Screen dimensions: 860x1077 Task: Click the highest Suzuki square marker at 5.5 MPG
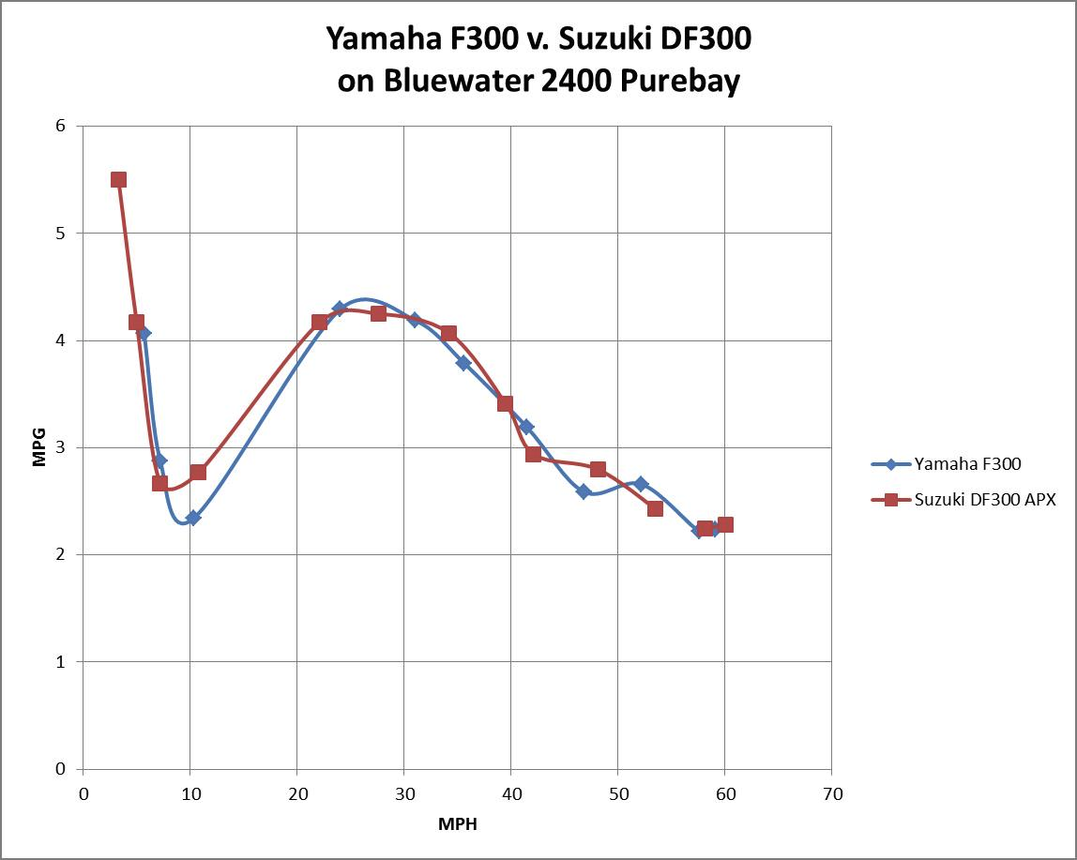(118, 179)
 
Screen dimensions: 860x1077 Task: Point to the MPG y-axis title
(39, 447)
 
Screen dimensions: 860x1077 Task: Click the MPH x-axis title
(457, 824)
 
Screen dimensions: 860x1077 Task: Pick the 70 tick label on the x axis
(831, 794)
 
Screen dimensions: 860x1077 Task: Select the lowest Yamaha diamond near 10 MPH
(192, 518)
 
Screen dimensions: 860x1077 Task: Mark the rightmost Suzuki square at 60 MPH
(724, 524)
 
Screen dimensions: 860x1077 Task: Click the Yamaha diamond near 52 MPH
(640, 484)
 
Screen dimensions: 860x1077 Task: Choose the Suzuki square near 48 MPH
(598, 469)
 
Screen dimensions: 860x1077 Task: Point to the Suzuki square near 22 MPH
(319, 322)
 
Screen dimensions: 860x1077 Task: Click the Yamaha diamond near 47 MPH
(584, 491)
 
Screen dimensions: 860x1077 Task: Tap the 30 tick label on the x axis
(403, 794)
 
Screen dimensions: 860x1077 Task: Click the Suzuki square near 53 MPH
(655, 508)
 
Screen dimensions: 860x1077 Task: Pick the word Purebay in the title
(679, 82)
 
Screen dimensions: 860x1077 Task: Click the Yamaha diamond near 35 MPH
(463, 363)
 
